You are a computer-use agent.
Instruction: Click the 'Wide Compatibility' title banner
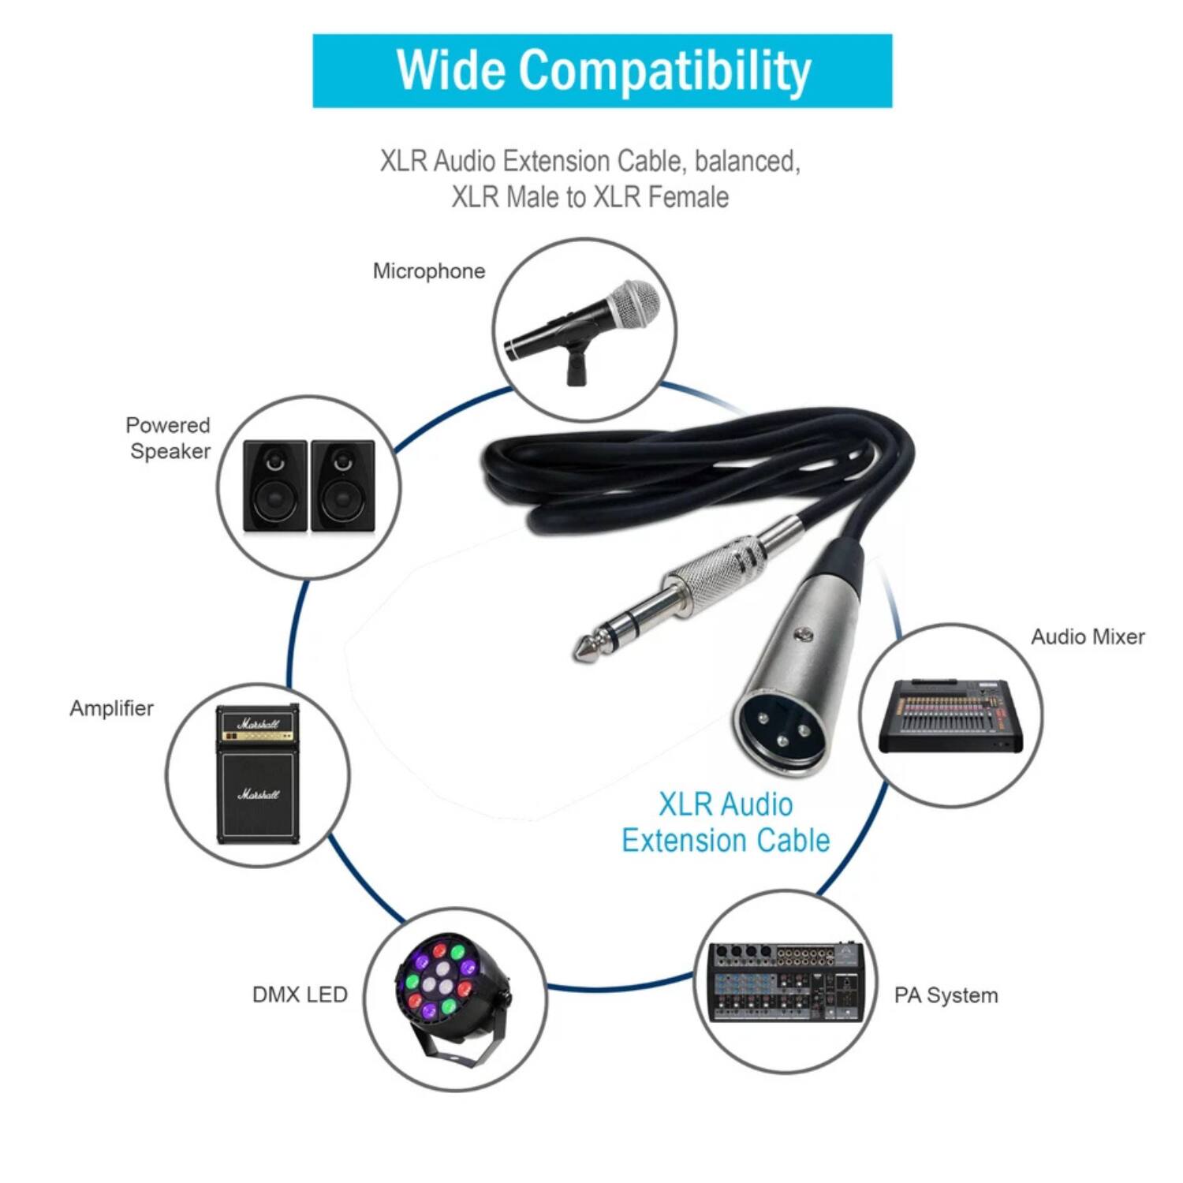[x=602, y=70]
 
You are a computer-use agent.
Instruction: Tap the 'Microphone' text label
[x=428, y=271]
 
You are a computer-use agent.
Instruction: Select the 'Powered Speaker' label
[x=169, y=438]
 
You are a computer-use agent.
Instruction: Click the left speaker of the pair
[x=274, y=486]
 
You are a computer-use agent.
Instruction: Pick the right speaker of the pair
[x=342, y=486]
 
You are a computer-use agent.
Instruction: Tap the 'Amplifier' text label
[x=111, y=708]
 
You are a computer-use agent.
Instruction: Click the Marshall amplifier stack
[x=258, y=774]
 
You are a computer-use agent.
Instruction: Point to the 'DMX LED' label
[x=300, y=995]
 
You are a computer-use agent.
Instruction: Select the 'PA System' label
[x=946, y=995]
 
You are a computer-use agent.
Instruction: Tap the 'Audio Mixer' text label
[x=1088, y=637]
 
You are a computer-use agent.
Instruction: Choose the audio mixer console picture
[x=951, y=715]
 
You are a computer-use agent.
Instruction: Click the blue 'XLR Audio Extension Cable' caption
[x=726, y=823]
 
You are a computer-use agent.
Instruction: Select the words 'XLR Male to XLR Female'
[x=590, y=197]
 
